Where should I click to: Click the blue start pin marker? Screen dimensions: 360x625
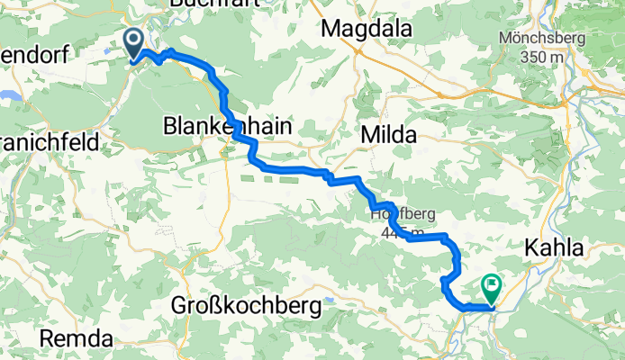click(x=134, y=41)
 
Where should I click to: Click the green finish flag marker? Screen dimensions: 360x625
click(x=493, y=288)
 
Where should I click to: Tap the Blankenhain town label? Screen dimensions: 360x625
click(x=228, y=128)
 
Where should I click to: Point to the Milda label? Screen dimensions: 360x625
click(x=388, y=135)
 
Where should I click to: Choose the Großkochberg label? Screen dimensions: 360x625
click(x=245, y=307)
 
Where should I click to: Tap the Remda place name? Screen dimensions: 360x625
click(x=76, y=339)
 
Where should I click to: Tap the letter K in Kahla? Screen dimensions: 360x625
click(x=529, y=247)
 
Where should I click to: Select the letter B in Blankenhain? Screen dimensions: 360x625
click(x=170, y=128)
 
